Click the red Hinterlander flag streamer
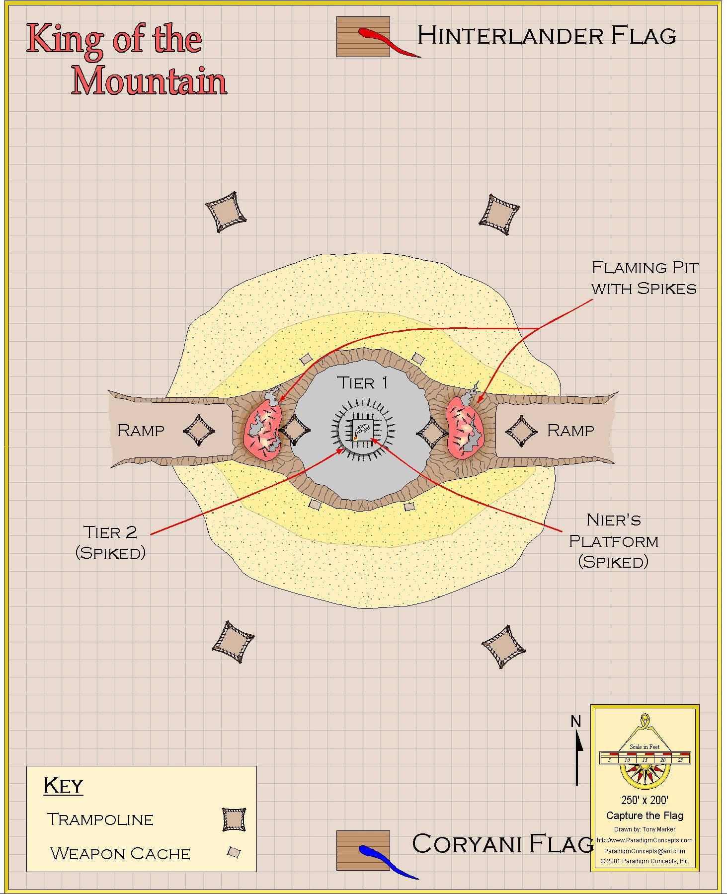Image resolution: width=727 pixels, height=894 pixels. point(383,40)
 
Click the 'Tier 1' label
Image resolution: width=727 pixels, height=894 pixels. point(363,383)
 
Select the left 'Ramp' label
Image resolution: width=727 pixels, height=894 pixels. point(141,430)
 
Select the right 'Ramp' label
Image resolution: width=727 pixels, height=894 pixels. point(570,430)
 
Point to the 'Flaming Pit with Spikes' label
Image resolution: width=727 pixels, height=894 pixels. point(645,278)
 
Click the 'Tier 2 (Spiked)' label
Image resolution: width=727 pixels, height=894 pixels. point(110,542)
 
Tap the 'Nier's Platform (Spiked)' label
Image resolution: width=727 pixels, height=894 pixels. point(614,541)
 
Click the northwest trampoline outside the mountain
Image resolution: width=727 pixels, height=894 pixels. point(226,212)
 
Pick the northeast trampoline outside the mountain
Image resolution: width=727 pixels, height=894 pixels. point(499,215)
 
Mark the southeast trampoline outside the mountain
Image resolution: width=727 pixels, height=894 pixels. point(503,647)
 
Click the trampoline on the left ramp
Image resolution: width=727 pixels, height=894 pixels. point(199,431)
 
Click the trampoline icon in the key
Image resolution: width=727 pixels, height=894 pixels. point(234,819)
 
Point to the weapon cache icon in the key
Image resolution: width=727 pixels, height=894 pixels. point(234,853)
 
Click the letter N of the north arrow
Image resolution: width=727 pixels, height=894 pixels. point(576,721)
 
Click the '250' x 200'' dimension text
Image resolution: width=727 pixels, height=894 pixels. point(645,800)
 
